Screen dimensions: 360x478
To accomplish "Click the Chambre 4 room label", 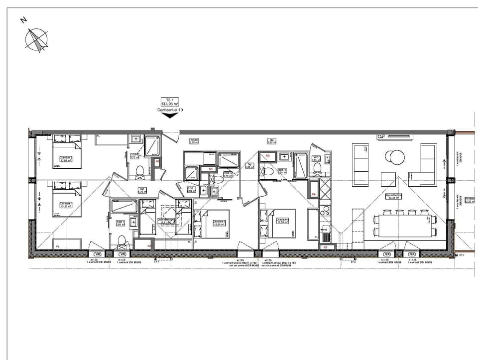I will click(x=282, y=220).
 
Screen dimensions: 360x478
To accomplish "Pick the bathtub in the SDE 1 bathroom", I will click(x=123, y=206).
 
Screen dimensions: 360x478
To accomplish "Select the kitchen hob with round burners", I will click(x=324, y=212).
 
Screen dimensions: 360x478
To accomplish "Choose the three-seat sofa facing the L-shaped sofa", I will click(x=360, y=164).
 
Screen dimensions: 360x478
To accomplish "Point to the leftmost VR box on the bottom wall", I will click(x=96, y=254).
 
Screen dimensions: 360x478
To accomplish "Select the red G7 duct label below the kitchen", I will click(x=325, y=247).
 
